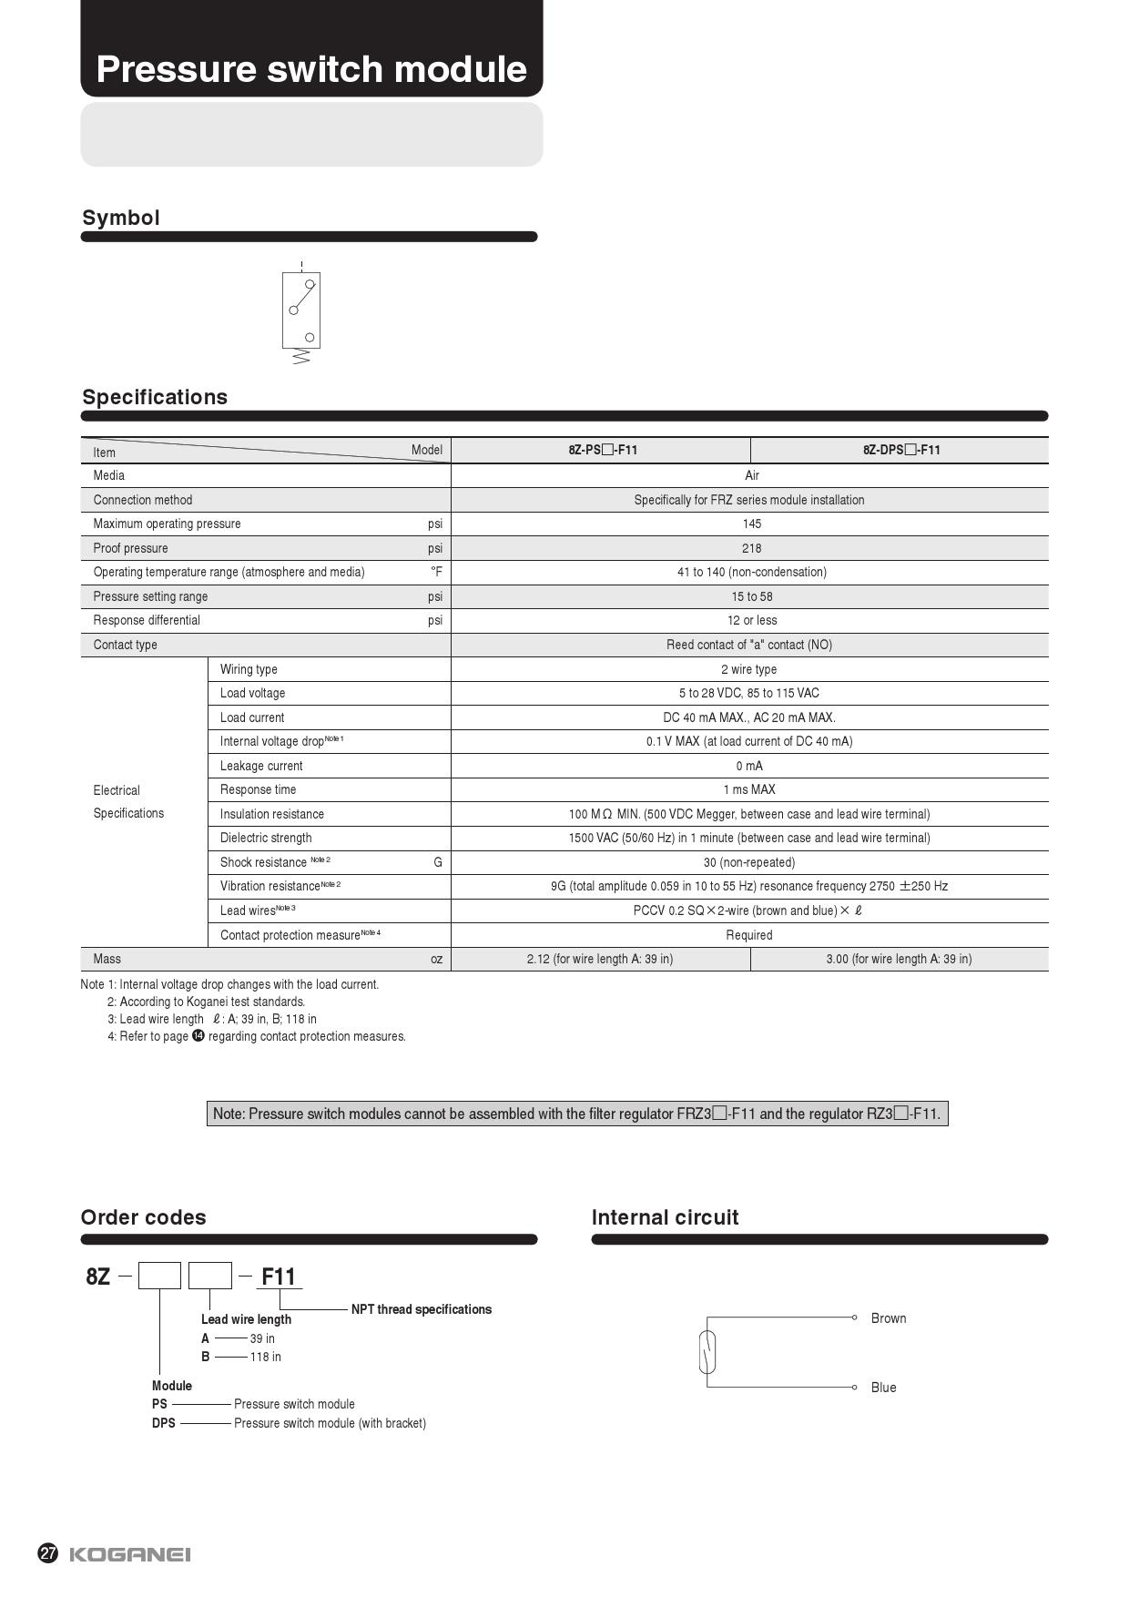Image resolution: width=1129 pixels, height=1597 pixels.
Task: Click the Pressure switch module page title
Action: point(311,69)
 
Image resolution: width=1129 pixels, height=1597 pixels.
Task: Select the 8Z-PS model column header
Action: point(602,450)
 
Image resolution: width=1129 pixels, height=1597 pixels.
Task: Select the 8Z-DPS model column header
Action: point(900,450)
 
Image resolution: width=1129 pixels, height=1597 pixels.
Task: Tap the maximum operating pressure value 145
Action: point(751,524)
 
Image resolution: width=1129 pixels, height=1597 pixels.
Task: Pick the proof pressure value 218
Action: point(751,548)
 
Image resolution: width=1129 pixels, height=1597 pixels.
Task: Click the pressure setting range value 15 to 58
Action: point(751,596)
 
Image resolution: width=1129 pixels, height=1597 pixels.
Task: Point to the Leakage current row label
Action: point(261,766)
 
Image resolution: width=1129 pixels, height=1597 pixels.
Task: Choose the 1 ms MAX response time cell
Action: point(749,789)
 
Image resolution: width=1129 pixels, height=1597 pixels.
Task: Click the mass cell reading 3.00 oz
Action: point(899,959)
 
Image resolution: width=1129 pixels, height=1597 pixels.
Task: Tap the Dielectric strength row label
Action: point(266,838)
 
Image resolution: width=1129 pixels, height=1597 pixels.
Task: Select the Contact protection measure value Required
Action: point(749,935)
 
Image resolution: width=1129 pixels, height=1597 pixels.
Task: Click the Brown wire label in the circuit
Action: point(888,1318)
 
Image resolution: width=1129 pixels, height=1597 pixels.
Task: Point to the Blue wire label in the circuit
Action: point(883,1388)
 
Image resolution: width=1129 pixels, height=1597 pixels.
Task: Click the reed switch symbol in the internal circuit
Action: point(707,1352)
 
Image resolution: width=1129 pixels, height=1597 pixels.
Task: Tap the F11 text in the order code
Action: point(279,1277)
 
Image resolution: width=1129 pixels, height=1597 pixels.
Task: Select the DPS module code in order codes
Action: point(164,1423)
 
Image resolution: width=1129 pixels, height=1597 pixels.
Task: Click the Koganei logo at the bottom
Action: point(130,1554)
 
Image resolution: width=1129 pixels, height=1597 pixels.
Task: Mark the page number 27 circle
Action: point(48,1553)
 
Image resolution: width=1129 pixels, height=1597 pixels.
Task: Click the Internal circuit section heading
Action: point(665,1217)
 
